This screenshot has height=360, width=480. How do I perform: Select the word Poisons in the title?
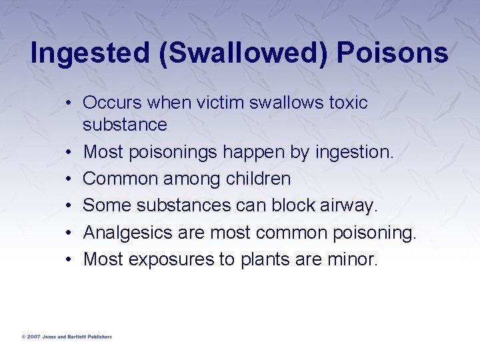392,53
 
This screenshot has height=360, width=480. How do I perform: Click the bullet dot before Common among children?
69,179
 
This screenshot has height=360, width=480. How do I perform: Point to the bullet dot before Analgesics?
69,233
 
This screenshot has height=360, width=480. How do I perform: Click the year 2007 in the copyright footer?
33,337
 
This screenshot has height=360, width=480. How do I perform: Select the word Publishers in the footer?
98,337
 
